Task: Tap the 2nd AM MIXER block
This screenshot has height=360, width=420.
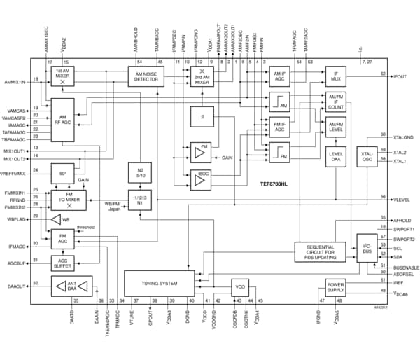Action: click(202, 77)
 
